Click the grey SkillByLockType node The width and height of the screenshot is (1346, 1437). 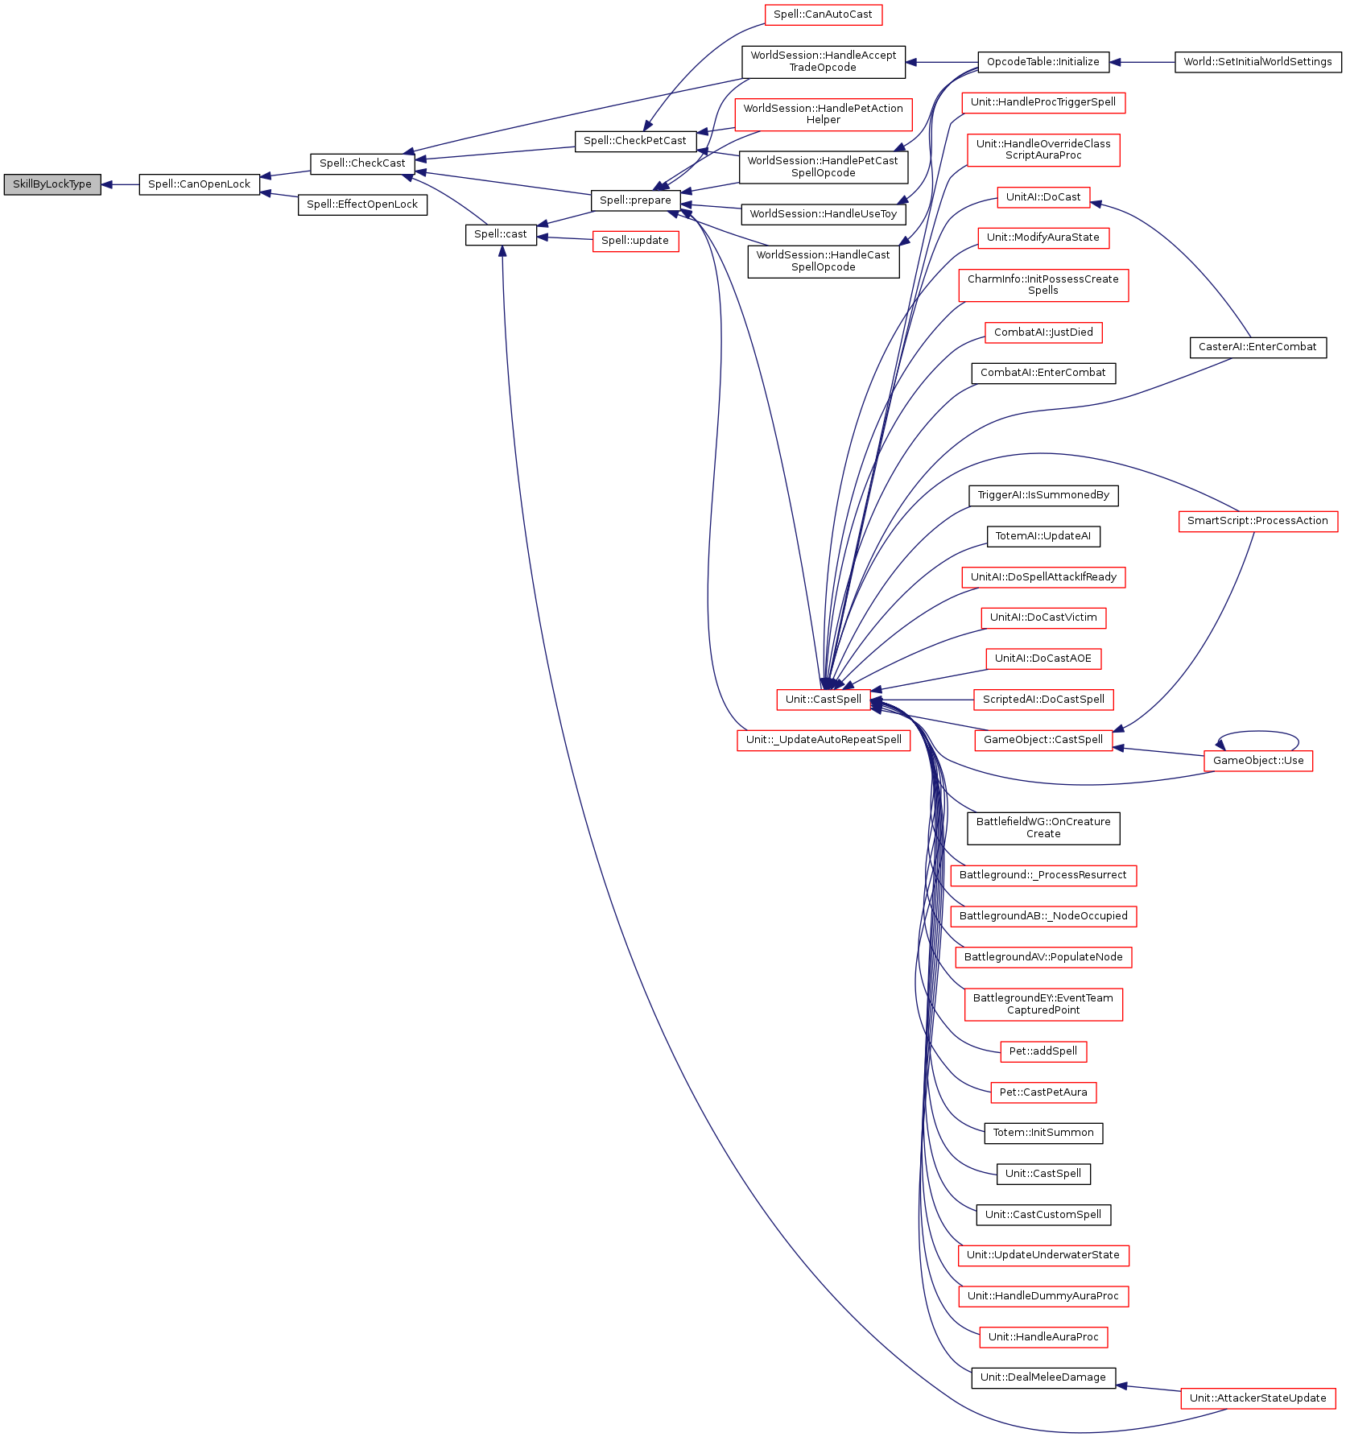coord(52,184)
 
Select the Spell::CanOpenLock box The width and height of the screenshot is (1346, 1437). coord(199,184)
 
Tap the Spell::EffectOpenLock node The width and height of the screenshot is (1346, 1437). coord(362,204)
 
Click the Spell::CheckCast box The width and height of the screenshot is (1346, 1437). coord(362,163)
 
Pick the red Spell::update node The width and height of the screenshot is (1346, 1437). coord(635,241)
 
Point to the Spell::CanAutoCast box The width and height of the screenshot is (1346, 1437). coord(823,14)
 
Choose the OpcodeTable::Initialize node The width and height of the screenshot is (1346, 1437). coord(1043,62)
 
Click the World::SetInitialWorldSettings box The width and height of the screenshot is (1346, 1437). coord(1257,62)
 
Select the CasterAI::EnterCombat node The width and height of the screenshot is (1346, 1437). coord(1257,347)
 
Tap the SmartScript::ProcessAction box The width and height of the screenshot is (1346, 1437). coord(1257,521)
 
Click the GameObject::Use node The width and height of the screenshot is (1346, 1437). coord(1258,761)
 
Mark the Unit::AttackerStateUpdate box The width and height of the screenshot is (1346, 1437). coord(1257,1398)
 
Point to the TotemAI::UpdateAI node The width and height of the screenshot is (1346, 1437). coord(1043,536)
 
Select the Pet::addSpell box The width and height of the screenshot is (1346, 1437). coord(1043,1051)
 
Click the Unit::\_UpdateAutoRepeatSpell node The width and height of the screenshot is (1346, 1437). coord(824,740)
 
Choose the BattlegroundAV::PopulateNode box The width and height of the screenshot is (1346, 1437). coord(1043,957)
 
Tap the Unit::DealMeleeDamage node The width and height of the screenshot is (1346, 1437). coord(1043,1377)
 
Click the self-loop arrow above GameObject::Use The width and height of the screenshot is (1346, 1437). coord(1258,733)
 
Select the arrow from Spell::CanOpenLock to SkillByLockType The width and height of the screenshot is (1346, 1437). coord(120,184)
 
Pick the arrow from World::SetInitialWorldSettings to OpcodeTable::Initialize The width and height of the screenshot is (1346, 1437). coord(1142,62)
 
